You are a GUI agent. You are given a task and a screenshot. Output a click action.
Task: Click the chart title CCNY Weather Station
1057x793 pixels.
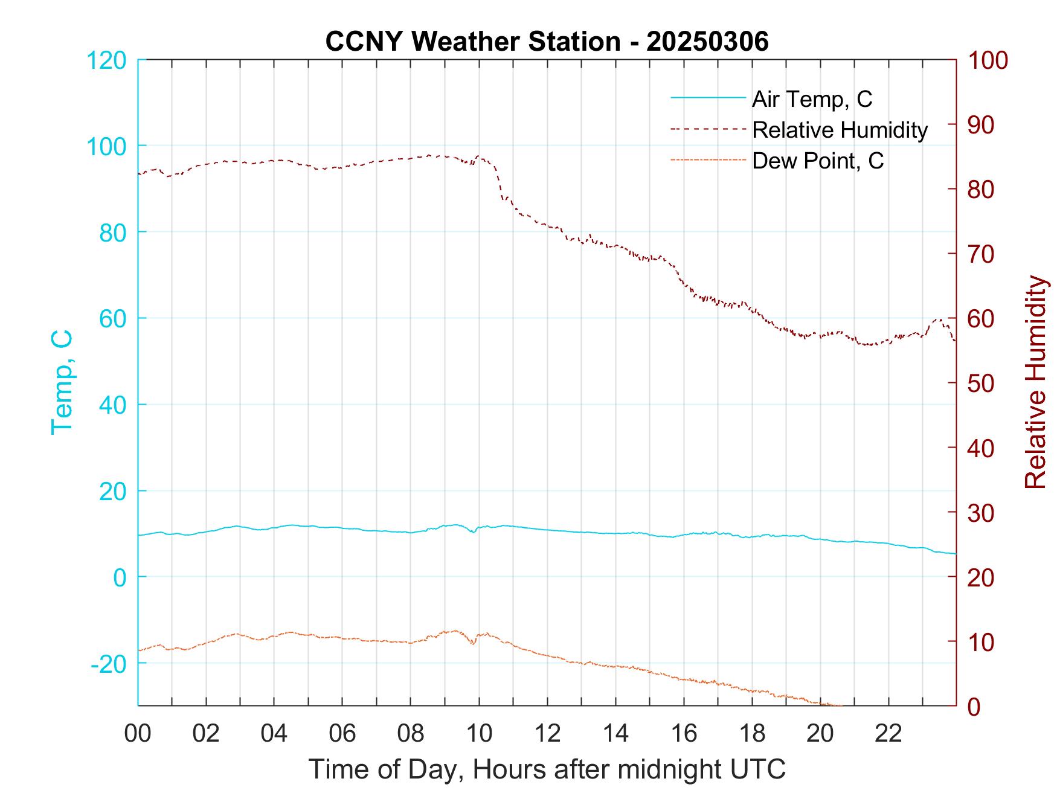click(547, 42)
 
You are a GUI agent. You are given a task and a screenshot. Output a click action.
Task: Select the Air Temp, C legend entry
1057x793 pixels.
click(812, 99)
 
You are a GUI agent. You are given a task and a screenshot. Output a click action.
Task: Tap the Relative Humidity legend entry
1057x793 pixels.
click(840, 130)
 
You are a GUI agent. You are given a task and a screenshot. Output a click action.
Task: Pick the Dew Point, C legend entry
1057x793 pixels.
click(818, 161)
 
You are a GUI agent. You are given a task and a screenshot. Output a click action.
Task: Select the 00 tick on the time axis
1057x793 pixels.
click(138, 733)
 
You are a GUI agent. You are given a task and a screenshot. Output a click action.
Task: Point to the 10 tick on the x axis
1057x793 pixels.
click(480, 733)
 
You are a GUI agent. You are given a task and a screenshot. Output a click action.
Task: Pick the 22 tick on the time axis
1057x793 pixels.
click(888, 733)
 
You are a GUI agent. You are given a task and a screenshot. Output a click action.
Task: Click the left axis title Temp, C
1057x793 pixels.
click(62, 382)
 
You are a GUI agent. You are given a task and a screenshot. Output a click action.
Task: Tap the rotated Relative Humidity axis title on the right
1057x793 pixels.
click(1035, 382)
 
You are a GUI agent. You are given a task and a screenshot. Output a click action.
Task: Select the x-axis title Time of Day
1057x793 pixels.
click(547, 769)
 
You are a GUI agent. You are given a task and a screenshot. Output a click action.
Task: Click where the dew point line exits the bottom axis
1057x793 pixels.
click(840, 705)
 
